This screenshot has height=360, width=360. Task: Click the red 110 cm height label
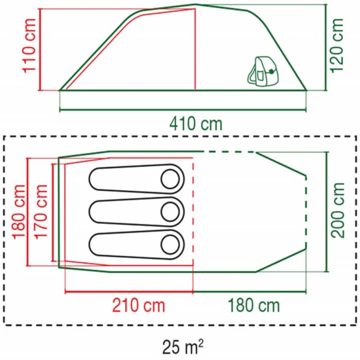pos(29,46)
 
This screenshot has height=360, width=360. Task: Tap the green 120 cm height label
pos(337,46)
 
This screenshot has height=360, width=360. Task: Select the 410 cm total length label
pos(196,124)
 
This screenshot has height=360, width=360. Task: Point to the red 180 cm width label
pos(18,212)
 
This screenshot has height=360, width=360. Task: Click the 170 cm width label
pos(41,212)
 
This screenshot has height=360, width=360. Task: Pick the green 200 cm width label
pos(338,211)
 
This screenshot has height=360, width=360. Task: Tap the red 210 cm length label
pos(139,306)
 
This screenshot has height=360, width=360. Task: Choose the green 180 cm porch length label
pos(254,306)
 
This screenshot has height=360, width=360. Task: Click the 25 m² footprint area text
pos(183,347)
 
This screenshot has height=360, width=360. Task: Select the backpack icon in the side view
pos(263,71)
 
